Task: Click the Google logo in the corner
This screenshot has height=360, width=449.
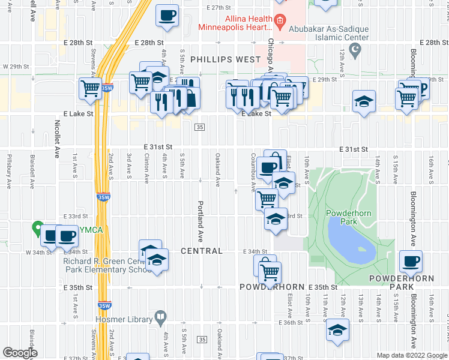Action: (20, 353)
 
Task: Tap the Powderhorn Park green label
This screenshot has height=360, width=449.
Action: (342, 217)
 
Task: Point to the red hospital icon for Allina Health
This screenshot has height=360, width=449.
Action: (279, 22)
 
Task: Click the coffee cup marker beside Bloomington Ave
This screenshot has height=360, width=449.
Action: (411, 260)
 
